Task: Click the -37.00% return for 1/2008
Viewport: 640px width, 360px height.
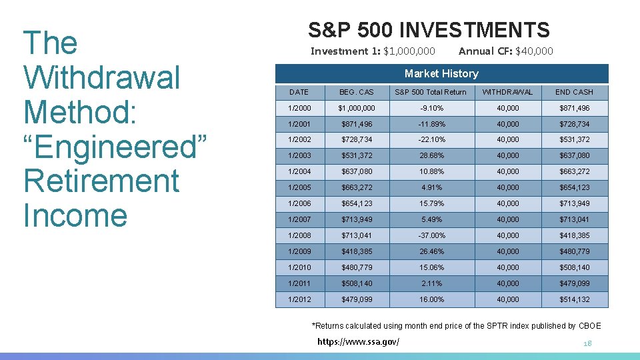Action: (x=432, y=235)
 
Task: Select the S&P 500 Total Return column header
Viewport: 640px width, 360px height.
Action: (x=431, y=92)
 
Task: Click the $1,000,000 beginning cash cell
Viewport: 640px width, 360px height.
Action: (x=357, y=108)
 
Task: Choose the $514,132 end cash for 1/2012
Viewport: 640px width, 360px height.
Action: (x=575, y=299)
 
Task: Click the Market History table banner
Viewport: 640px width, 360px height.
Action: (x=441, y=73)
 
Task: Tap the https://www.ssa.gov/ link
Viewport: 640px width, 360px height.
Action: (x=358, y=341)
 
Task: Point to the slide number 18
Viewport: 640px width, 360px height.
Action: (x=587, y=343)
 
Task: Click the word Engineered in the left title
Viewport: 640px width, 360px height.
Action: (x=115, y=147)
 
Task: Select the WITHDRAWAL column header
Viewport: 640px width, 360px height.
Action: (x=507, y=92)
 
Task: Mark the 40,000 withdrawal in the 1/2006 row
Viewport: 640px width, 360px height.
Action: (x=508, y=203)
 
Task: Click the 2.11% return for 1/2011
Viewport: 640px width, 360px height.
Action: (x=431, y=283)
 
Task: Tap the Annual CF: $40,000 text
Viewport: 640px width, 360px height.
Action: (x=505, y=51)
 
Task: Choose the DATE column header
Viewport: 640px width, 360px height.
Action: (x=299, y=92)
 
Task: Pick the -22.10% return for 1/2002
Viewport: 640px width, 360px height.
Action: (x=432, y=139)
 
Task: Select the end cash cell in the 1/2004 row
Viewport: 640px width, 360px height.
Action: (x=575, y=171)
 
